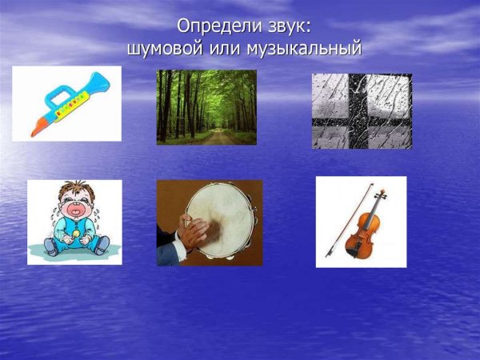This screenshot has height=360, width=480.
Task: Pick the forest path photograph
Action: tap(206, 107)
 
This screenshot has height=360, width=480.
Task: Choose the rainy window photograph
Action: tap(362, 111)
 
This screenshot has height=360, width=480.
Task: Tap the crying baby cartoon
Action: tap(74, 222)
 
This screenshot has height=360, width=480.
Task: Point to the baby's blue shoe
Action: tap(51, 246)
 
